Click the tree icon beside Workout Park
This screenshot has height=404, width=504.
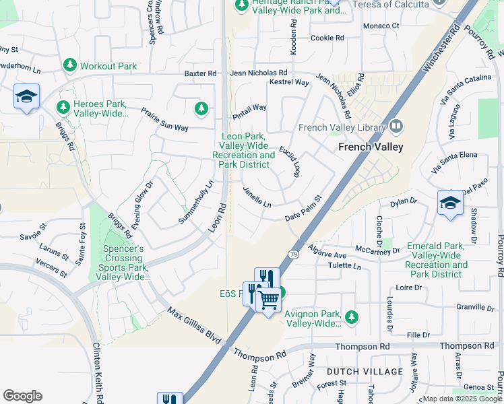[69, 65]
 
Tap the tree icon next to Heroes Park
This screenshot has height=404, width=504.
[63, 107]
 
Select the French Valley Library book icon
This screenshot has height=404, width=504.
[396, 127]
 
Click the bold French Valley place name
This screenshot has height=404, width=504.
[371, 147]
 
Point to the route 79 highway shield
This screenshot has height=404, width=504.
[293, 254]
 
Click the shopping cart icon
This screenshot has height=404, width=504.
[269, 300]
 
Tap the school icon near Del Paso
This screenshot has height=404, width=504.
[450, 203]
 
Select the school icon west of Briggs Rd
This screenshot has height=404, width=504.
[26, 96]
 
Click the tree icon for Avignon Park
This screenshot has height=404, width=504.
[350, 316]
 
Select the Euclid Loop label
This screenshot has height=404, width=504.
[290, 161]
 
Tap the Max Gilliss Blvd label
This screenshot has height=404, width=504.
[195, 323]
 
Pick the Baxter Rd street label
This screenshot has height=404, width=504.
[201, 73]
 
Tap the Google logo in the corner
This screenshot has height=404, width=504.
[22, 396]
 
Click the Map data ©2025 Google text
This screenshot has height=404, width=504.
[462, 399]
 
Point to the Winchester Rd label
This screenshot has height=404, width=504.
[441, 48]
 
